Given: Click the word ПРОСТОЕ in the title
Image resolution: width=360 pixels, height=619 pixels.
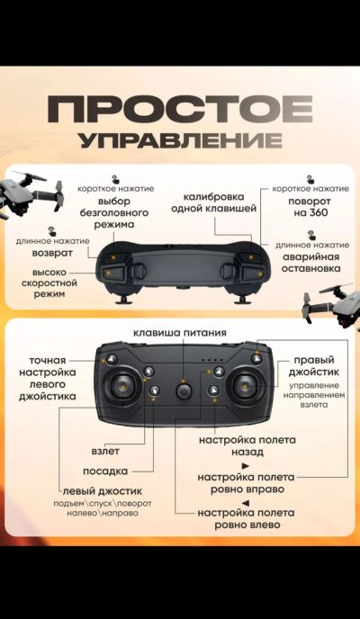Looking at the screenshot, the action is (x=180, y=109).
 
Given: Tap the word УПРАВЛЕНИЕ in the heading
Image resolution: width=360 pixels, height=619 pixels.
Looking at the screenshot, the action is (x=181, y=140).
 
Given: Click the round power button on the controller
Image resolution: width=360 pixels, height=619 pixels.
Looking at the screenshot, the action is (x=184, y=392).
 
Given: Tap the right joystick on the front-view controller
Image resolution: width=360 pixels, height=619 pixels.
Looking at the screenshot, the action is (x=245, y=386).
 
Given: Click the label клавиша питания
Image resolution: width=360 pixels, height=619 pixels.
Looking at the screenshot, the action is (x=180, y=332).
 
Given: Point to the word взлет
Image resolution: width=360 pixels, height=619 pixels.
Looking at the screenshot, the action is (x=105, y=451).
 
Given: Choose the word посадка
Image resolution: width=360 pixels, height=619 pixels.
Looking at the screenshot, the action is (x=105, y=471).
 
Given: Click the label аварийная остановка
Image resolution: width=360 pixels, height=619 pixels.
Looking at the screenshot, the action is (x=311, y=263).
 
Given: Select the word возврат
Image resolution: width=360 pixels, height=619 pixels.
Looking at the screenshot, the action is (x=52, y=253).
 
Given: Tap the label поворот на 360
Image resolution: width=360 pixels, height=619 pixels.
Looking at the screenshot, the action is (x=309, y=208).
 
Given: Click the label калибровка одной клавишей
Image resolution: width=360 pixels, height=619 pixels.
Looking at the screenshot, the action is (x=214, y=202).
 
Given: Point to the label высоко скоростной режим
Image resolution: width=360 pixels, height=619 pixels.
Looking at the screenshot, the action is (x=49, y=283).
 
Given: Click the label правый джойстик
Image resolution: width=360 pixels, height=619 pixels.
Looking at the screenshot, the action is (x=313, y=366).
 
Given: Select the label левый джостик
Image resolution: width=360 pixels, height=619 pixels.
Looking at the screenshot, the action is (x=103, y=491).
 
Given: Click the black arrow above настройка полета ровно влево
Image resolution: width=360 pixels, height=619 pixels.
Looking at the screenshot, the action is (x=246, y=503).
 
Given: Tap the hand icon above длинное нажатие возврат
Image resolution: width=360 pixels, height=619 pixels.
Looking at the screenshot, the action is (x=51, y=231).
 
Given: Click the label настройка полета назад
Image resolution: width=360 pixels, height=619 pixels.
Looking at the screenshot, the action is (x=247, y=445).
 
